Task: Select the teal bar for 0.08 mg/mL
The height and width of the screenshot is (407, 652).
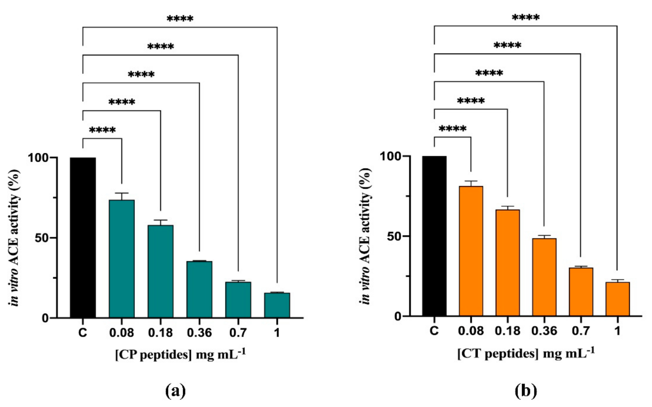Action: click(122, 258)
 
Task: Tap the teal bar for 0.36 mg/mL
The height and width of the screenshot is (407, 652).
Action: click(199, 289)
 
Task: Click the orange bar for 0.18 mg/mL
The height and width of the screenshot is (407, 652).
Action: click(508, 262)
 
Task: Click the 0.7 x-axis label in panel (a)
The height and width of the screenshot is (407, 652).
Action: click(238, 333)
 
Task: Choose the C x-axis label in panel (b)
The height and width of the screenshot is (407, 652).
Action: click(434, 331)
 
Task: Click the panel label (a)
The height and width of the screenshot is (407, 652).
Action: click(175, 391)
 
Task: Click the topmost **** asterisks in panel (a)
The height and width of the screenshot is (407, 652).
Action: click(180, 19)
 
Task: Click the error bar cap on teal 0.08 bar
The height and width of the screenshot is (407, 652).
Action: click(122, 193)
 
